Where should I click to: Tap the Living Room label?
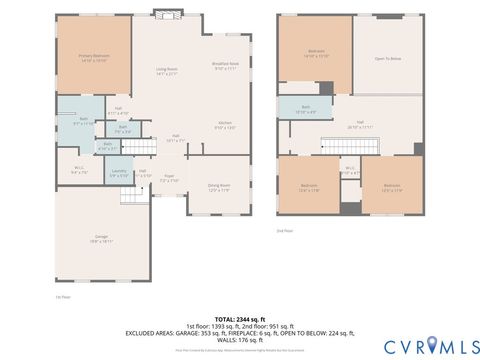pos(166,71)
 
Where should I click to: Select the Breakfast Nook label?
pos(224,66)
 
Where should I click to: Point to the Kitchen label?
pos(226,125)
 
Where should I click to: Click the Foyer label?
pos(171,179)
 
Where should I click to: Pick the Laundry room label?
pos(119,174)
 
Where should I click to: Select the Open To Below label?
pos(388,59)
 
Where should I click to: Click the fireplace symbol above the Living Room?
pos(166,15)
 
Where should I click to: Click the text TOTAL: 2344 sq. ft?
pos(240,319)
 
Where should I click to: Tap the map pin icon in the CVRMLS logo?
pos(433,345)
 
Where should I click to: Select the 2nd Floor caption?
pos(286,231)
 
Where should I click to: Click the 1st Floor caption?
pos(63,296)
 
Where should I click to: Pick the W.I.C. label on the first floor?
pos(80,170)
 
